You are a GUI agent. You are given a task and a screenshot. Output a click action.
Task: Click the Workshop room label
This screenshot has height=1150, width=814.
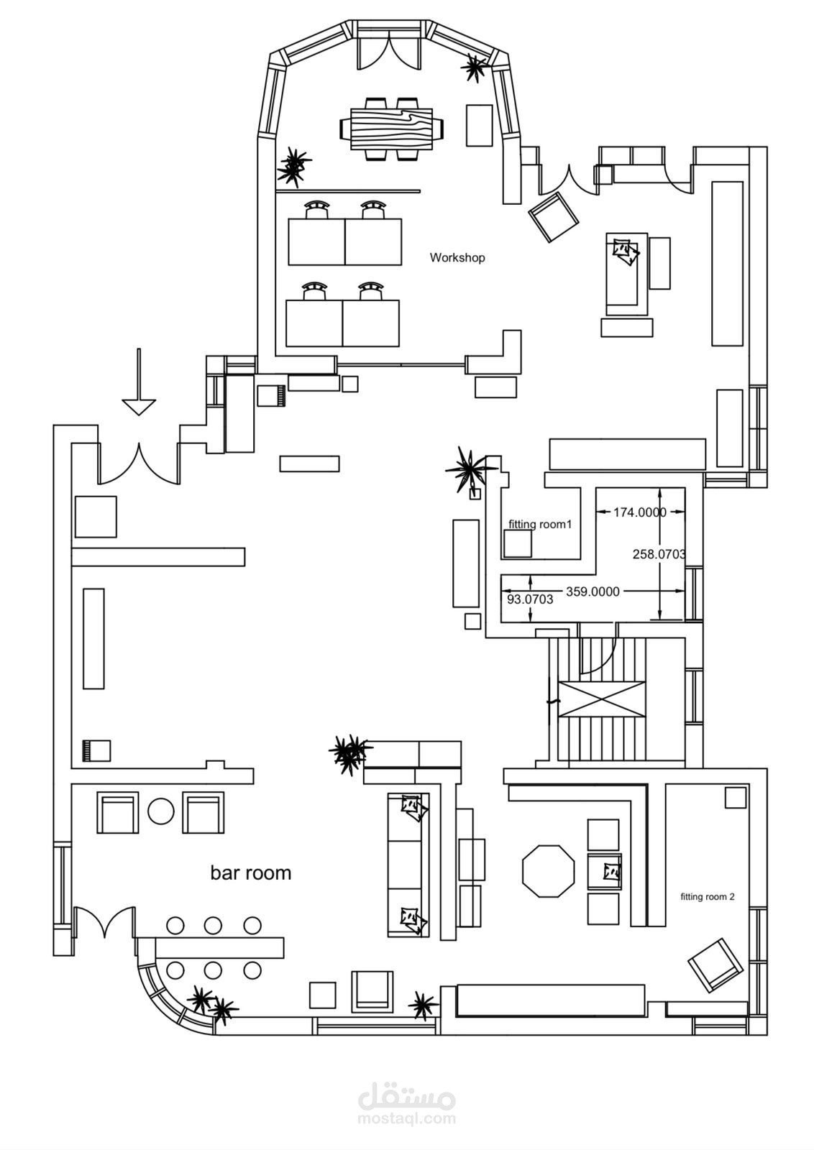457,257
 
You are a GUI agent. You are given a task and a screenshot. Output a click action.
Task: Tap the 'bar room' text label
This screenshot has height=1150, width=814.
250,873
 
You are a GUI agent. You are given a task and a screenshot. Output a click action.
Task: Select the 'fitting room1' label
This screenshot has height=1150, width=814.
540,524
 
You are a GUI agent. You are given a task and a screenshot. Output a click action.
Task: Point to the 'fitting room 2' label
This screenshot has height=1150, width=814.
708,896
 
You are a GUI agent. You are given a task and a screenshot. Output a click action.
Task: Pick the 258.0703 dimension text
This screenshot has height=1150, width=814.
659,554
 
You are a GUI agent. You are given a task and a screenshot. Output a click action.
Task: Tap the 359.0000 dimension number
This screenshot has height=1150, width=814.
593,592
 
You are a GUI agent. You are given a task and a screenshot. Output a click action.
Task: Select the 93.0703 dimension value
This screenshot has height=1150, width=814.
530,599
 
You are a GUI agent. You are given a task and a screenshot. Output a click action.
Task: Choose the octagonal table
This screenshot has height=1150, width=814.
548,871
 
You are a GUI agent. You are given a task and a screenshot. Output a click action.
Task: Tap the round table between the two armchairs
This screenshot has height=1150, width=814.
161,812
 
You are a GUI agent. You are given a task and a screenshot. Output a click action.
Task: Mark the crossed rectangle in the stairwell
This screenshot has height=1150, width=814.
603,699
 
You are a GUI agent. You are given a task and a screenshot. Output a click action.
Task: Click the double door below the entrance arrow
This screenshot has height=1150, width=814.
138,464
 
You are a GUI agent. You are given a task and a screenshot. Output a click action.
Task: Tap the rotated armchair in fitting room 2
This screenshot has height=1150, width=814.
715,965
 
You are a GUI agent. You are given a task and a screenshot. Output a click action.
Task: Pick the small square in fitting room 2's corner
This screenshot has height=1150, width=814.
736,797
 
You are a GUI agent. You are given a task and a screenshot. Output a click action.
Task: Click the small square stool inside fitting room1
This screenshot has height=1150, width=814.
518,544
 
